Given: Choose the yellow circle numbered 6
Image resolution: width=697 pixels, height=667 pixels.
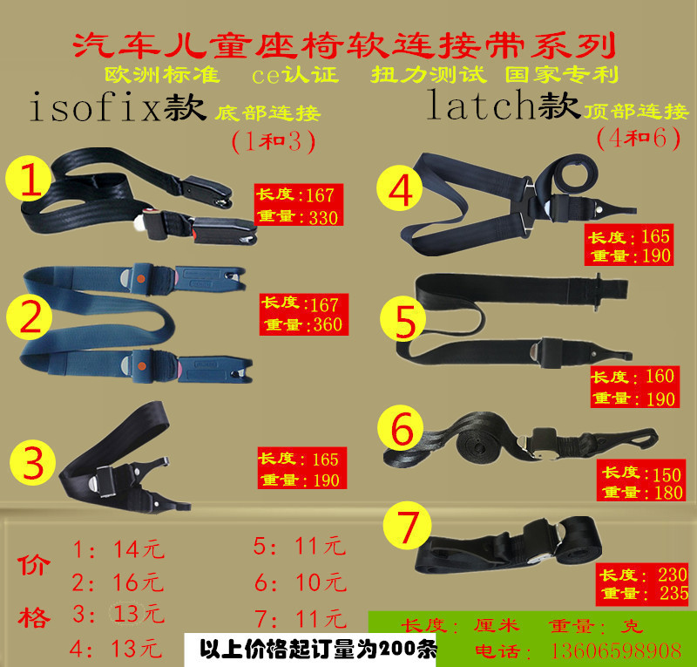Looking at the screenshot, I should [x=402, y=430].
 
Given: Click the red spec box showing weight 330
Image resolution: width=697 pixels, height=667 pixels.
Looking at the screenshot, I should [x=295, y=207].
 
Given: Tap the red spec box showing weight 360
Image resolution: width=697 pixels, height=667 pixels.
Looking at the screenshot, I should [x=304, y=314].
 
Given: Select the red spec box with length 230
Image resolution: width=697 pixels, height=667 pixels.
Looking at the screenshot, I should [x=643, y=584].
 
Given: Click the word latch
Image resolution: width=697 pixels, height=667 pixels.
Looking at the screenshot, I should [x=481, y=105].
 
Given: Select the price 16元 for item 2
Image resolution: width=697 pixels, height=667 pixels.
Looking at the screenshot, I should [x=139, y=582].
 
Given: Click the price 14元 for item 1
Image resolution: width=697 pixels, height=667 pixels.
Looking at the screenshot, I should [x=139, y=549].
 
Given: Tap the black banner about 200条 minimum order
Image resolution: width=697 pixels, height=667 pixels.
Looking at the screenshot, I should [x=317, y=650].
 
